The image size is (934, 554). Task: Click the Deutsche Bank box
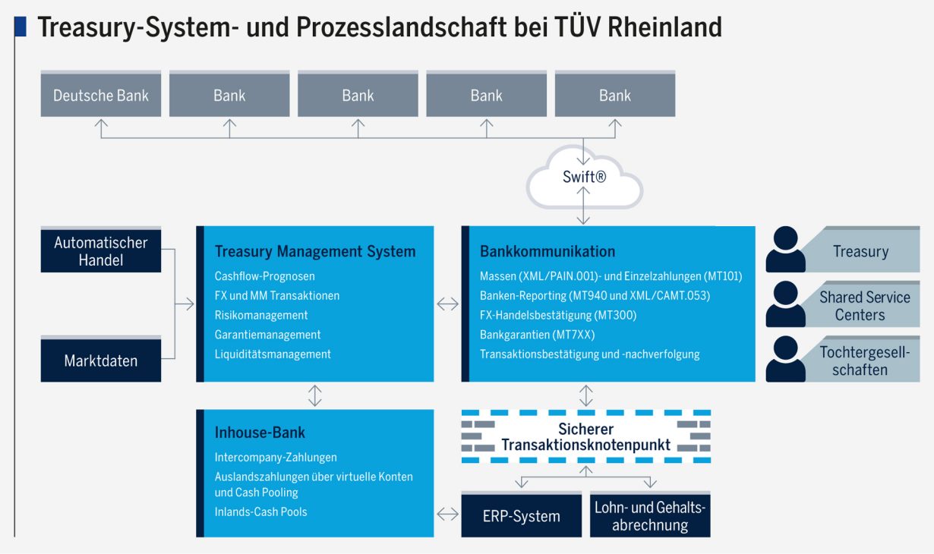[101, 94]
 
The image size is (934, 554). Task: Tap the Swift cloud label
[584, 177]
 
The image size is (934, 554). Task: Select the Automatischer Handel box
[101, 250]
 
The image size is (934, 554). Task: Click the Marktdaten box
[101, 359]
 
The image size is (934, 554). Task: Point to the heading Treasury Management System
[315, 251]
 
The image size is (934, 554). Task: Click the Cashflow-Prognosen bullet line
[265, 276]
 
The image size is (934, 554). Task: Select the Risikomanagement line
[261, 315]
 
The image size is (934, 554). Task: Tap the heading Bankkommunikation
[547, 251]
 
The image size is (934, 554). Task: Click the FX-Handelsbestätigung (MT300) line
[558, 315]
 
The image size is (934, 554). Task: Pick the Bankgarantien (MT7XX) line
[538, 335]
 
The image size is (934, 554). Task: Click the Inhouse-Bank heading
[260, 433]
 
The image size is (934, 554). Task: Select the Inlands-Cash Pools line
[261, 512]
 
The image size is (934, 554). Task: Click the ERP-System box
[522, 515]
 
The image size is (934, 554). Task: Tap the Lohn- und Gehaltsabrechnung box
[650, 515]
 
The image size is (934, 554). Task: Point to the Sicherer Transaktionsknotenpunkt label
[585, 437]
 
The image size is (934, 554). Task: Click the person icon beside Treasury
[786, 249]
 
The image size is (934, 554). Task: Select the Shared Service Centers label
[865, 306]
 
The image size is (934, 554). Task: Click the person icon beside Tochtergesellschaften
[786, 359]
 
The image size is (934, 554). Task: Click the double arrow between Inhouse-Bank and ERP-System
[448, 515]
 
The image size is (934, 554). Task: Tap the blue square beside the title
[21, 27]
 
